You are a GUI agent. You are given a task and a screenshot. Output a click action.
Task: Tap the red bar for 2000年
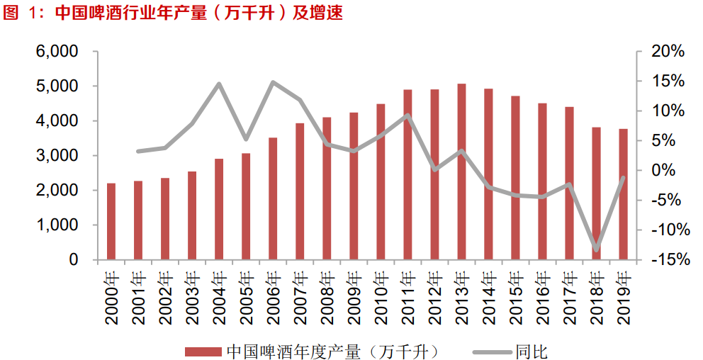click(x=111, y=221)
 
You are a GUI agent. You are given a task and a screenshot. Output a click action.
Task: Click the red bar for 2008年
click(x=327, y=189)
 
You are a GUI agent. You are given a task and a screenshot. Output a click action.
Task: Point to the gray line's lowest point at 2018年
click(x=596, y=249)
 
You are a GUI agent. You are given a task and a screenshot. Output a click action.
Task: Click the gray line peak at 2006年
click(x=273, y=82)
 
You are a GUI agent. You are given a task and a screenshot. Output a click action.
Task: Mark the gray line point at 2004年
click(x=219, y=84)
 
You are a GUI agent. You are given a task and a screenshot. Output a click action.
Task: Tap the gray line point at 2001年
click(x=138, y=151)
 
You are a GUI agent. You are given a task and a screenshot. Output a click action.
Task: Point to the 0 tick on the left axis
click(x=73, y=260)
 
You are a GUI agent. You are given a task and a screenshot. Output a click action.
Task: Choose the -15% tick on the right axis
click(x=669, y=260)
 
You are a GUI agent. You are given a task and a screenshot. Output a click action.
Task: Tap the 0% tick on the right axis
click(x=665, y=171)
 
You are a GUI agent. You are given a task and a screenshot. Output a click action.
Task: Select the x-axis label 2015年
click(x=516, y=297)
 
